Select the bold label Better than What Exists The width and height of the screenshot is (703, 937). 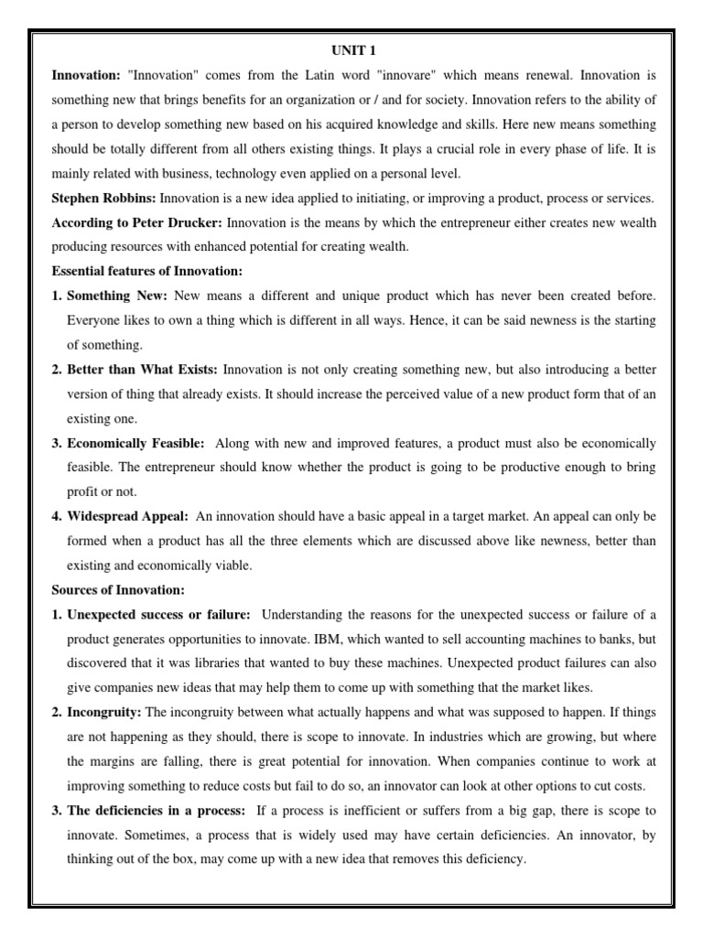click(142, 370)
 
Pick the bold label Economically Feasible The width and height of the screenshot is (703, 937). click(135, 444)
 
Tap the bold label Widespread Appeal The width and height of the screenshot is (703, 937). click(127, 516)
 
